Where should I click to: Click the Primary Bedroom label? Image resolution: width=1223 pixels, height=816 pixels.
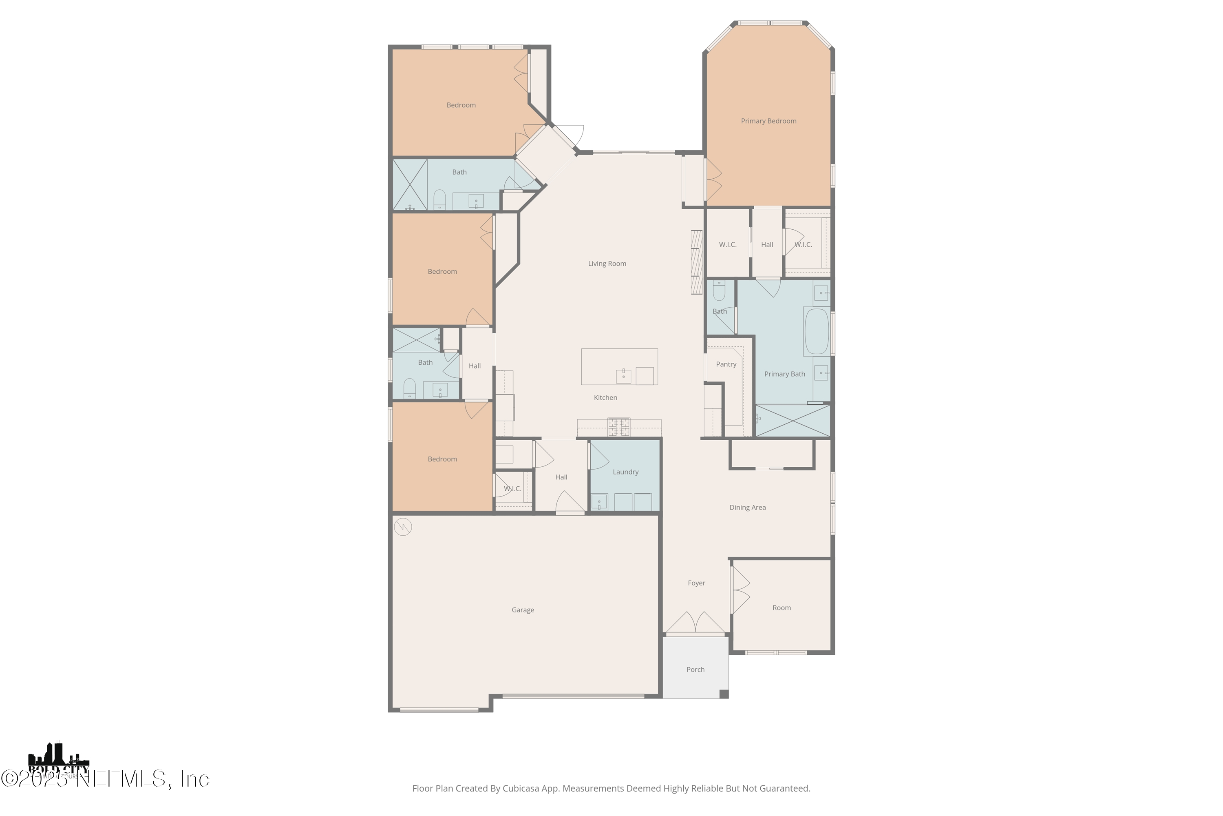point(768,121)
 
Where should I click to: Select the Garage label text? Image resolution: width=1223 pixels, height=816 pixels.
point(523,610)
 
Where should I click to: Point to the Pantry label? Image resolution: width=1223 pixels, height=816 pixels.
point(726,364)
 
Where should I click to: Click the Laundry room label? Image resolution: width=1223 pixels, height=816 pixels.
point(625,472)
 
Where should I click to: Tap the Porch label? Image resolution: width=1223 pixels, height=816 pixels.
point(695,670)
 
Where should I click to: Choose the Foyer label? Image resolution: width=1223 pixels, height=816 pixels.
point(696,583)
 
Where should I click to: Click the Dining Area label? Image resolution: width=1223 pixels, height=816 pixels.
point(747,508)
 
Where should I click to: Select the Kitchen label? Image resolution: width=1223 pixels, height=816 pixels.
point(605,397)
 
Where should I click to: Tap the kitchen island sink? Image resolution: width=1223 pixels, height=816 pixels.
point(623,375)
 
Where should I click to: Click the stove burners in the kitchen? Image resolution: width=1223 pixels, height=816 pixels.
point(619,427)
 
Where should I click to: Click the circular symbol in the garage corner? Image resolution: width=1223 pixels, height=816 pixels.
point(403,527)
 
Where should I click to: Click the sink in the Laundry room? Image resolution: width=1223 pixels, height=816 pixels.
point(599,502)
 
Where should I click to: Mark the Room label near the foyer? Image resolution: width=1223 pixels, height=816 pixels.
point(781,608)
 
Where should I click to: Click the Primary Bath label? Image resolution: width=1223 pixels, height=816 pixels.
point(784,374)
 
